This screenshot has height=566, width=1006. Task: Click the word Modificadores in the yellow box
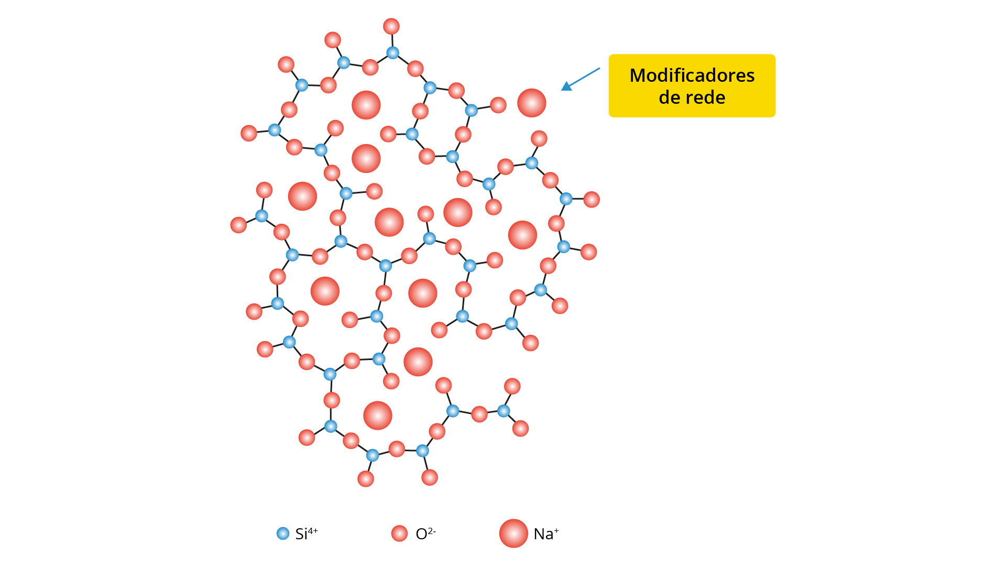point(692,75)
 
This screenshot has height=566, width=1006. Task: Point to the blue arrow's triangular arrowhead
point(566,86)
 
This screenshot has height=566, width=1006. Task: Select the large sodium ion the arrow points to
point(532,103)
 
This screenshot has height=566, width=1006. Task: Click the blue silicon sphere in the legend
point(283,534)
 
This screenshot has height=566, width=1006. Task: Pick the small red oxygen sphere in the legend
point(399,534)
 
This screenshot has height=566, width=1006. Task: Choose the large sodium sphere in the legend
point(513,534)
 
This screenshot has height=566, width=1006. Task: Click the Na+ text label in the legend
point(546,534)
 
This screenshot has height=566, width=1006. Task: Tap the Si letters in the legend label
point(301,534)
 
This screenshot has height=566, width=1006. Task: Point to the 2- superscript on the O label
point(432,531)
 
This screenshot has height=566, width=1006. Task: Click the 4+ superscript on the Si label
point(313,531)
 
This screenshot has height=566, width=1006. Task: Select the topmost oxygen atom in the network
point(391,26)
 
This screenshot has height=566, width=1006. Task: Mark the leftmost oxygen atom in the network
point(238,225)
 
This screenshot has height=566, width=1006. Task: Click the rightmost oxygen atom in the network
point(592,199)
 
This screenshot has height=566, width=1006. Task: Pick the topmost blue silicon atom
point(392,52)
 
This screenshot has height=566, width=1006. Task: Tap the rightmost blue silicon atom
point(566,199)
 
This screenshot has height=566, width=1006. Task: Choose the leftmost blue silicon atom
point(261,216)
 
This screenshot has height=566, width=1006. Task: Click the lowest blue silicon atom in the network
point(373,455)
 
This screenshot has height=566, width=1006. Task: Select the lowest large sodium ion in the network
point(378,416)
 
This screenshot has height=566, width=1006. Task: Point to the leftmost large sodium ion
point(302,196)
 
